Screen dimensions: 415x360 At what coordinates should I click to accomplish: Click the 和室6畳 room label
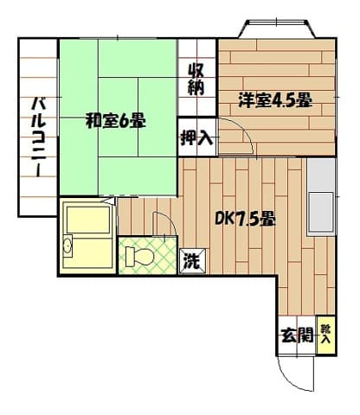[x=115, y=121]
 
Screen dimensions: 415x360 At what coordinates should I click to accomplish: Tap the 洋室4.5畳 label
[x=276, y=101]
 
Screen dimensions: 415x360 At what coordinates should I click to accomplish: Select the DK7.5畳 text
[x=245, y=219]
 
